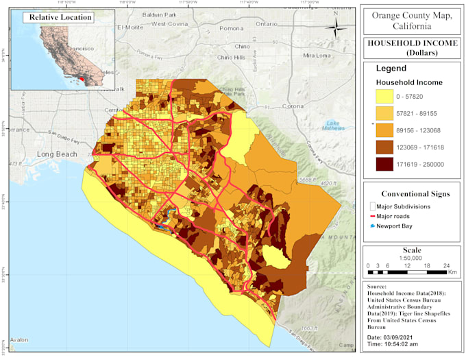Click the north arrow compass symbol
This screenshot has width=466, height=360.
pyautogui.click(x=335, y=28)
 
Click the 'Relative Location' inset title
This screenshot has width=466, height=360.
pyautogui.click(x=58, y=18)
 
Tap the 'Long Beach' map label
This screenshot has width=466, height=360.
pyautogui.click(x=57, y=154)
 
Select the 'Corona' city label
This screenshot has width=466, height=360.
pyautogui.click(x=293, y=106)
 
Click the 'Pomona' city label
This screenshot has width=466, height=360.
pyautogui.click(x=232, y=28)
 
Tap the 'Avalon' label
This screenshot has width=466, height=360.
pyautogui.click(x=19, y=339)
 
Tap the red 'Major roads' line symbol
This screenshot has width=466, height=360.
pyautogui.click(x=372, y=216)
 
